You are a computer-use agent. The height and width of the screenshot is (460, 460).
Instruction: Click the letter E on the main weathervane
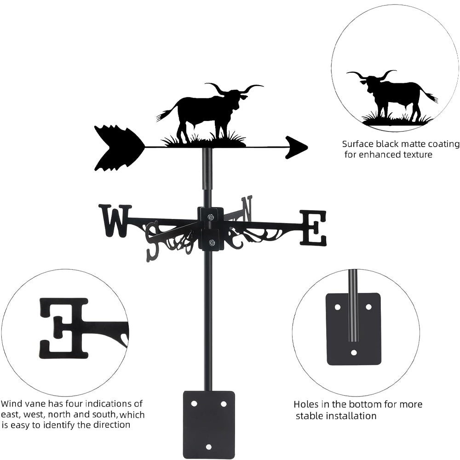pos(313,227)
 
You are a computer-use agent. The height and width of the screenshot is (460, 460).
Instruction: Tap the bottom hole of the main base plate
pos(209,446)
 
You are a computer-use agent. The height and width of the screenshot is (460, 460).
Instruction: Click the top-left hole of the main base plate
pos(194,403)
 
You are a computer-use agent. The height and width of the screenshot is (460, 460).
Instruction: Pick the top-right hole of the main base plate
pos(224,403)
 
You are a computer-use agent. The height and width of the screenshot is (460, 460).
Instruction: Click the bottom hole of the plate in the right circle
pos(353,353)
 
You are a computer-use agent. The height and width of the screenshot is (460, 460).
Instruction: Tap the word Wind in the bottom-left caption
pos(11,404)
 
